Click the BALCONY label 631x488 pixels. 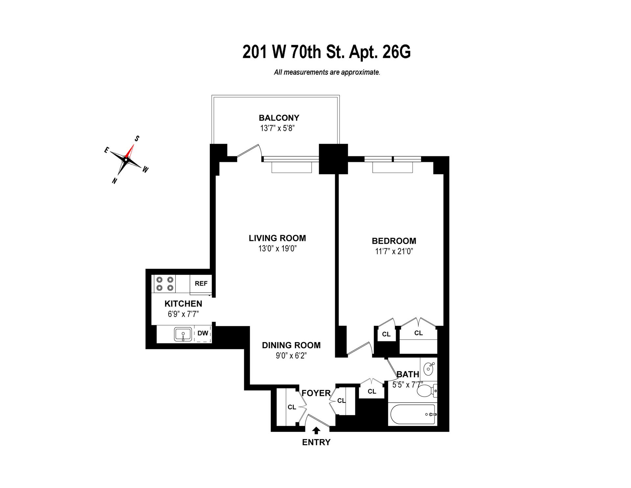pyautogui.click(x=279, y=118)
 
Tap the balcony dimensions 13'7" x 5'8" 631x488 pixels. pyautogui.click(x=277, y=128)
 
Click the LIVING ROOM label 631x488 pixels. pyautogui.click(x=277, y=238)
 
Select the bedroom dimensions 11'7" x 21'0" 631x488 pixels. pyautogui.click(x=394, y=252)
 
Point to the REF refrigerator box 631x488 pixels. pyautogui.click(x=201, y=283)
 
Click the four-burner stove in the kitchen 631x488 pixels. pyautogui.click(x=165, y=284)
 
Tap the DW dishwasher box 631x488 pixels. pyautogui.click(x=203, y=333)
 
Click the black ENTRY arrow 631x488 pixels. pyautogui.click(x=316, y=430)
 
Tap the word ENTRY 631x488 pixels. pyautogui.click(x=316, y=442)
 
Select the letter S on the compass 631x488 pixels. pyautogui.click(x=137, y=138)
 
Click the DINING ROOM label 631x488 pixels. pyautogui.click(x=291, y=345)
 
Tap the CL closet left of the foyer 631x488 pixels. pyautogui.click(x=292, y=407)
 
